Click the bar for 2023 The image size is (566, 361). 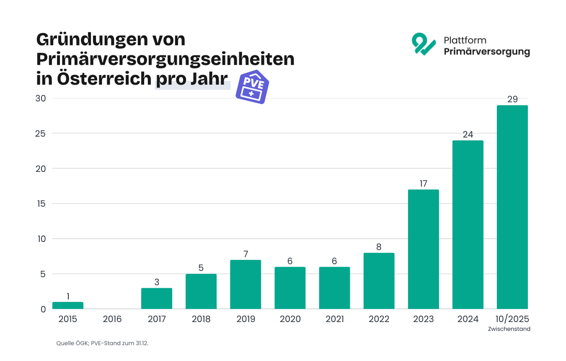423,249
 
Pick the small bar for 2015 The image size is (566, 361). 68,306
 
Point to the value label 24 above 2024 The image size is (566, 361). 468,135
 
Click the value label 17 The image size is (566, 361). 423,184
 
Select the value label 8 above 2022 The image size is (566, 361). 379,247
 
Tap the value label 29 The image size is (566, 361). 512,99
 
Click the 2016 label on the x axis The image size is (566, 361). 112,319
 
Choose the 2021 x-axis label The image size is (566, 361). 335,319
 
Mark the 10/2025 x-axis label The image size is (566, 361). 512,319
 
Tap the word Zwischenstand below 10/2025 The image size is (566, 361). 509,329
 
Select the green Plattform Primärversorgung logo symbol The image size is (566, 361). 423,44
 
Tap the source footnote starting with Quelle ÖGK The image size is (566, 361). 102,343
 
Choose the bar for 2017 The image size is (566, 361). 157,298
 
